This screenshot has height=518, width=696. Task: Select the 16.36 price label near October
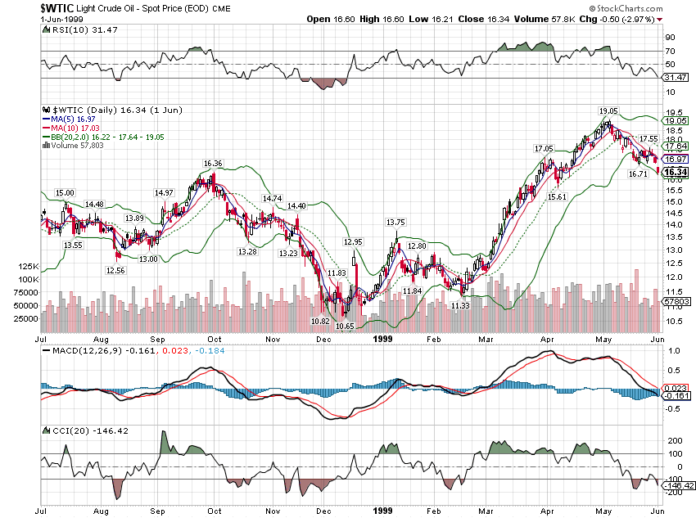coord(213,164)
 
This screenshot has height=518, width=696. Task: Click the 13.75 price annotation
coord(396,222)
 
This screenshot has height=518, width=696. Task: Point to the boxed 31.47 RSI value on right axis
coord(676,77)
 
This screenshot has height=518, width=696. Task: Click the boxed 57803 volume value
coord(676,302)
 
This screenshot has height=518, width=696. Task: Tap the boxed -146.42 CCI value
coord(679,485)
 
